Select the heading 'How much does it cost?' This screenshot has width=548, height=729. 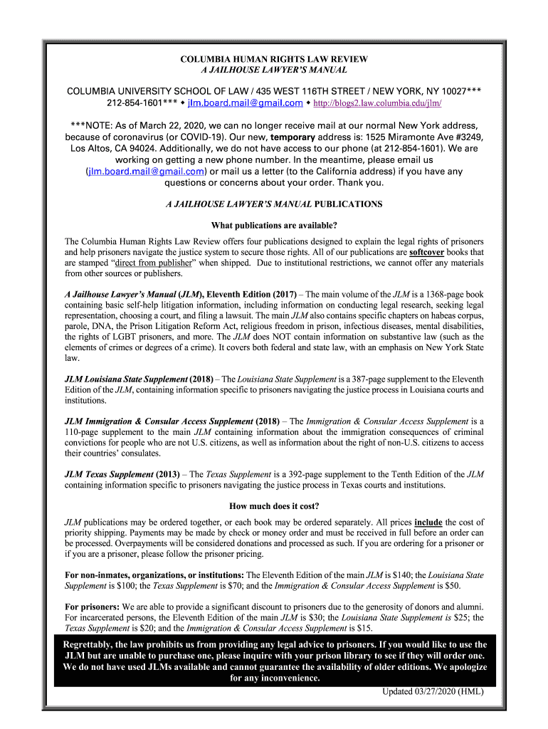click(x=274, y=507)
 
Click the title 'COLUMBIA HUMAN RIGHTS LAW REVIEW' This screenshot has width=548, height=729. click(x=274, y=59)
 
